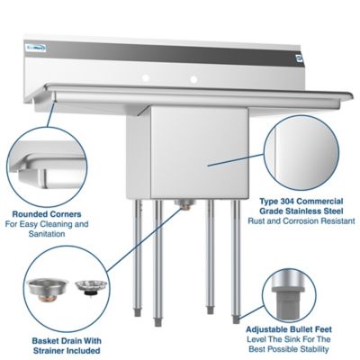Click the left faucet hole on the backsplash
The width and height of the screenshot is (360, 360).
coord(150,80)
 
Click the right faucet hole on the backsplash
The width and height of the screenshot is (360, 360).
coord(191,80)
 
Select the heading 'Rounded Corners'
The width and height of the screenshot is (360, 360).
coord(44,214)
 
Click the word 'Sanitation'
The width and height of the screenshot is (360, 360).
coord(44,234)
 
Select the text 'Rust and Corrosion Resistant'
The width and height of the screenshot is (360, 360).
coord(308,220)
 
